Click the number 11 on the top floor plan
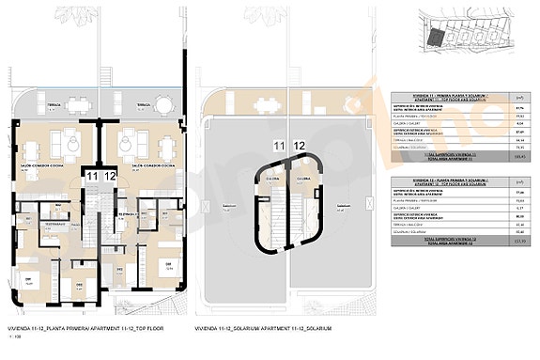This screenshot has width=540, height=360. tap(91, 176)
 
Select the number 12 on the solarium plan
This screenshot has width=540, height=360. tap(300, 145)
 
